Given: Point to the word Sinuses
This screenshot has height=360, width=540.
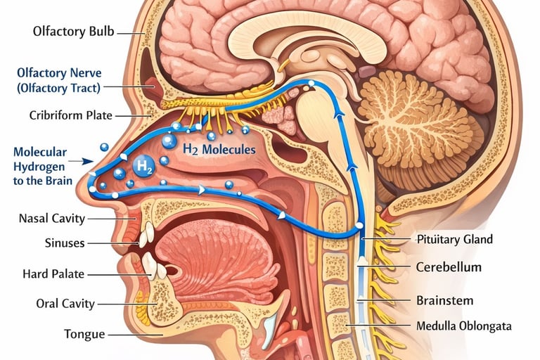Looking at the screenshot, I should click(x=64, y=243).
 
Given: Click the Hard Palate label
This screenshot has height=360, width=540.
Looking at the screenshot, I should click(x=55, y=274).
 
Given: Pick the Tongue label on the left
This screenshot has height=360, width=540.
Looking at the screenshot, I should click(x=84, y=334).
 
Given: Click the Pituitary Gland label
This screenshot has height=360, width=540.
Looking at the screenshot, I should click(x=454, y=239).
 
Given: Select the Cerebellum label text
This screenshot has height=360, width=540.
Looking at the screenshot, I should click(x=449, y=267).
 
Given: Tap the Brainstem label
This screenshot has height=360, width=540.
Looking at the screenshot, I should click(x=444, y=300).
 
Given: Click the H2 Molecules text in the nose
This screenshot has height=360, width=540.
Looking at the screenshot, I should click(x=219, y=149).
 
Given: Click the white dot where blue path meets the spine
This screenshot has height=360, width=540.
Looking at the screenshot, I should click(x=359, y=225).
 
